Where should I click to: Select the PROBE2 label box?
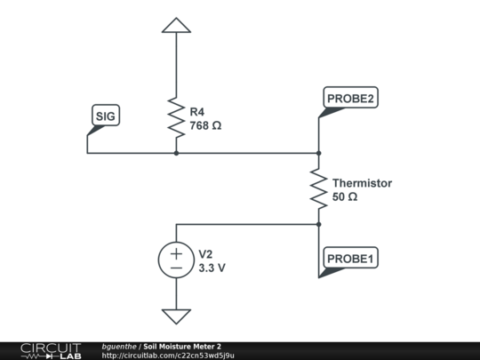coord(350,98)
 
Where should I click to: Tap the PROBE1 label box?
coord(350,259)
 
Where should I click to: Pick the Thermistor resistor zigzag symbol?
coord(318,188)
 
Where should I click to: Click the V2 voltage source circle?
coord(176,260)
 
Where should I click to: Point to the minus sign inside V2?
coord(176,268)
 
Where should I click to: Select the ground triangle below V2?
coord(176,316)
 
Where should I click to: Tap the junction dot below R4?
coord(176,153)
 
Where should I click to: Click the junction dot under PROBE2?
coord(318,153)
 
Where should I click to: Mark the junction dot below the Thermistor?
coord(318,224)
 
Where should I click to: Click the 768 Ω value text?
coord(205,125)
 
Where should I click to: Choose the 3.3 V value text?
coord(212,267)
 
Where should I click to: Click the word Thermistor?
coord(362,183)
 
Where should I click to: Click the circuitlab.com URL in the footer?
coord(168,356)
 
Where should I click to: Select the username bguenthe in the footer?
coord(119,346)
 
